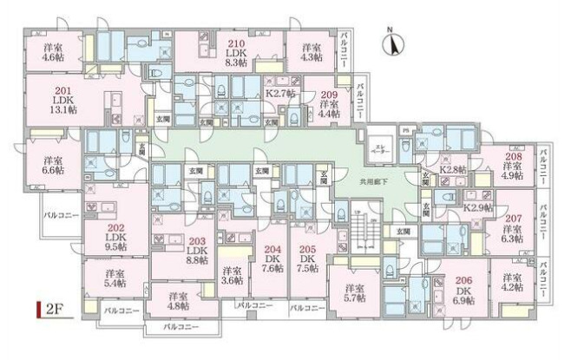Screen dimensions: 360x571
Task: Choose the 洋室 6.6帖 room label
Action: (53, 166)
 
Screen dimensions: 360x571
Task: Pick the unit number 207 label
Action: (513, 218)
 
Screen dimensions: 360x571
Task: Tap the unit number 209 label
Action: (328, 94)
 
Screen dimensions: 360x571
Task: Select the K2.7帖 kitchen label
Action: (281, 93)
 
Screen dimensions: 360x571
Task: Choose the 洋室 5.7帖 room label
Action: (353, 292)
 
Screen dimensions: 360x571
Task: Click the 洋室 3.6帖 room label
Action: (231, 275)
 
